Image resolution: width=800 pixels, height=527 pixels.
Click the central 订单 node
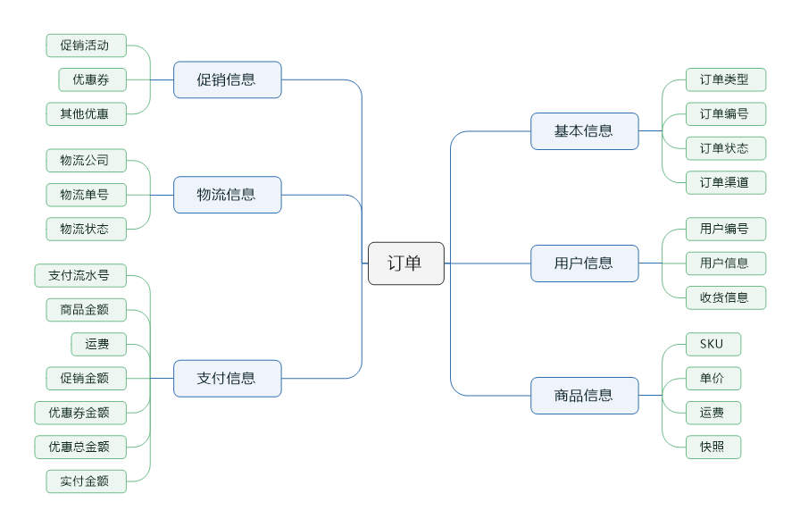tap(405, 263)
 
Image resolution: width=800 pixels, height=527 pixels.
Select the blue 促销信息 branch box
tap(227, 79)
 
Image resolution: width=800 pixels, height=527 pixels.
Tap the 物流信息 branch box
tap(227, 195)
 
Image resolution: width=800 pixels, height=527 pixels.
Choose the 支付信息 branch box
tap(227, 378)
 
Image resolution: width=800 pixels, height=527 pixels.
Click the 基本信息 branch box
tap(584, 131)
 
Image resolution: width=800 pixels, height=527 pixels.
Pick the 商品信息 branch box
tap(584, 396)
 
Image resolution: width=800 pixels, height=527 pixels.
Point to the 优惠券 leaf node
tap(92, 79)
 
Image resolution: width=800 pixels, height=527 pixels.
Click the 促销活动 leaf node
tap(86, 46)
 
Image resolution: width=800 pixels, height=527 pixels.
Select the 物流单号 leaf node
tap(86, 195)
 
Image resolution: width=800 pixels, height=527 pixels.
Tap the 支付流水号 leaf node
tap(79, 275)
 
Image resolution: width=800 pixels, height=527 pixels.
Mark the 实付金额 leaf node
tap(86, 481)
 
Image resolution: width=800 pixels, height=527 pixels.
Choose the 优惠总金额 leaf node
tap(79, 447)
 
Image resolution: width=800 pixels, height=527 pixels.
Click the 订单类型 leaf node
tap(725, 79)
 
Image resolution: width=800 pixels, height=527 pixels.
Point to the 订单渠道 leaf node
tap(725, 182)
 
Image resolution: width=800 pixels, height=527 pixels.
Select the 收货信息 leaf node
tap(725, 297)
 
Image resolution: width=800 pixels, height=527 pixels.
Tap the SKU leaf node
tap(712, 344)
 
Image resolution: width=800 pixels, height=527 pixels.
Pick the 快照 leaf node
tap(712, 447)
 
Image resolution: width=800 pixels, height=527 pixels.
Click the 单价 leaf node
tap(712, 378)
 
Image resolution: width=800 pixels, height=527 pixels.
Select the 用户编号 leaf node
tap(725, 229)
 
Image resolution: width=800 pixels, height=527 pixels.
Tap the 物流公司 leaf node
tap(86, 161)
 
